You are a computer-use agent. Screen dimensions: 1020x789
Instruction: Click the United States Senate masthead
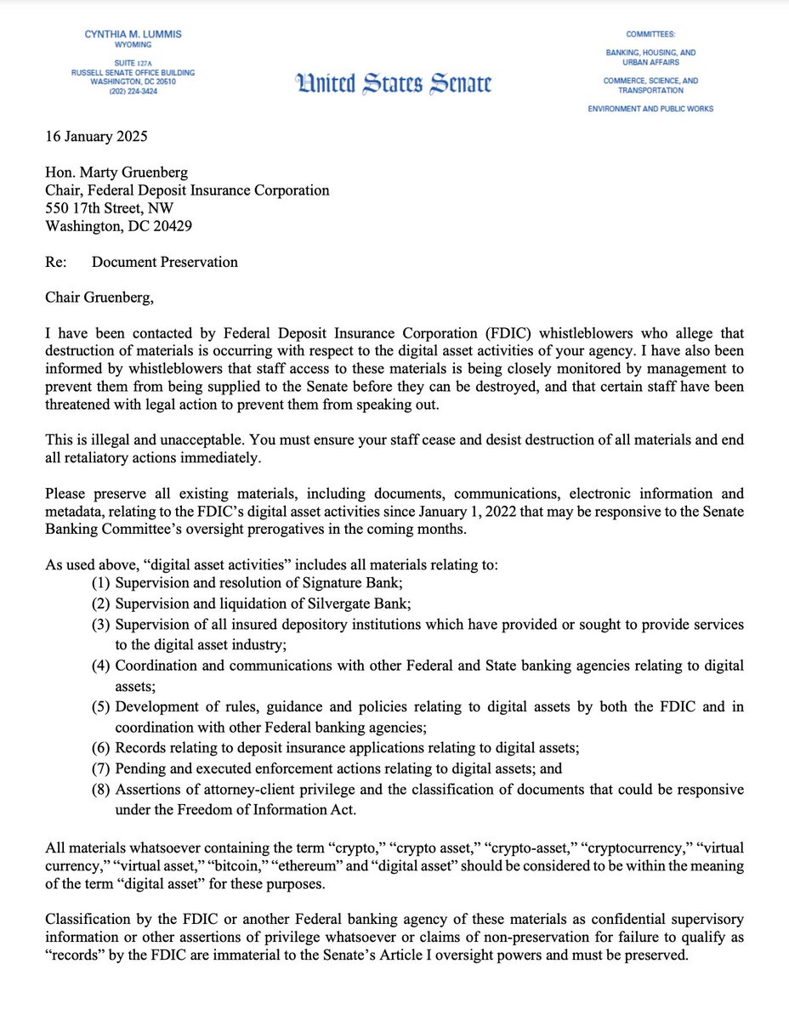coord(394,84)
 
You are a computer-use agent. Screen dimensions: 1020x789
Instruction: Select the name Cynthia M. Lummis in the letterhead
coord(133,34)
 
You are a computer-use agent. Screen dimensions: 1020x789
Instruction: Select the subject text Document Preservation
coord(165,262)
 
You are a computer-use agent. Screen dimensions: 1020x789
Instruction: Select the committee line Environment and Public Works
coord(650,109)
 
